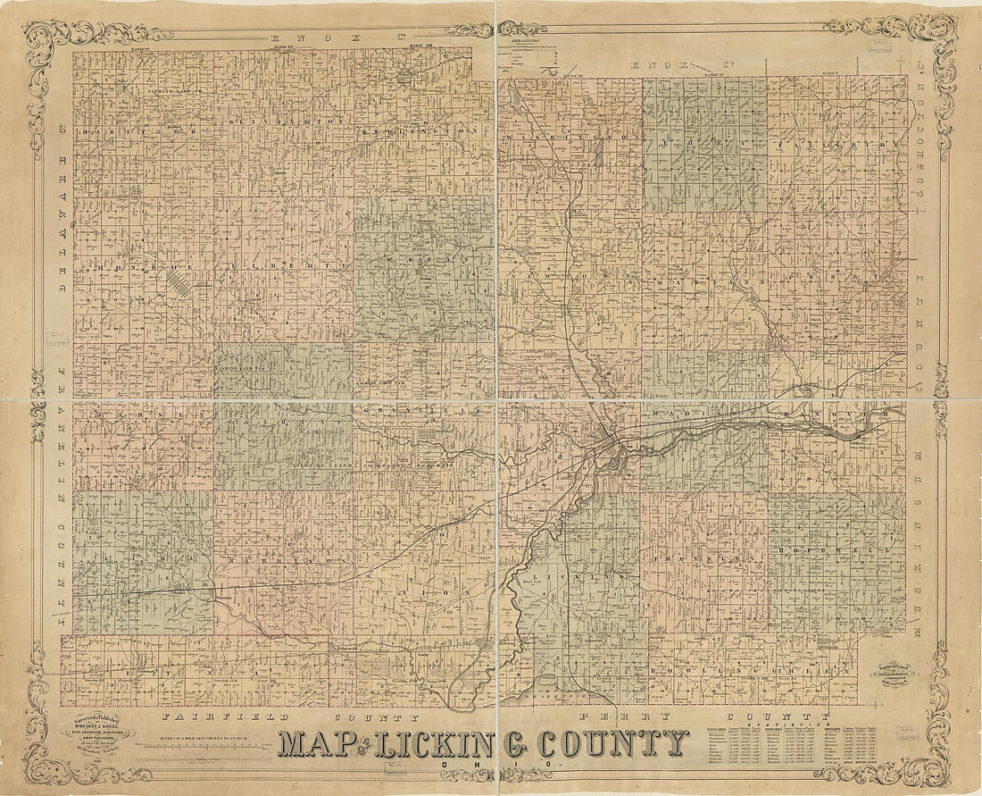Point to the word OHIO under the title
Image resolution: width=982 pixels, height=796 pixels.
(x=487, y=766)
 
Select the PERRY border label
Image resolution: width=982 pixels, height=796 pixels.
(x=607, y=717)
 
